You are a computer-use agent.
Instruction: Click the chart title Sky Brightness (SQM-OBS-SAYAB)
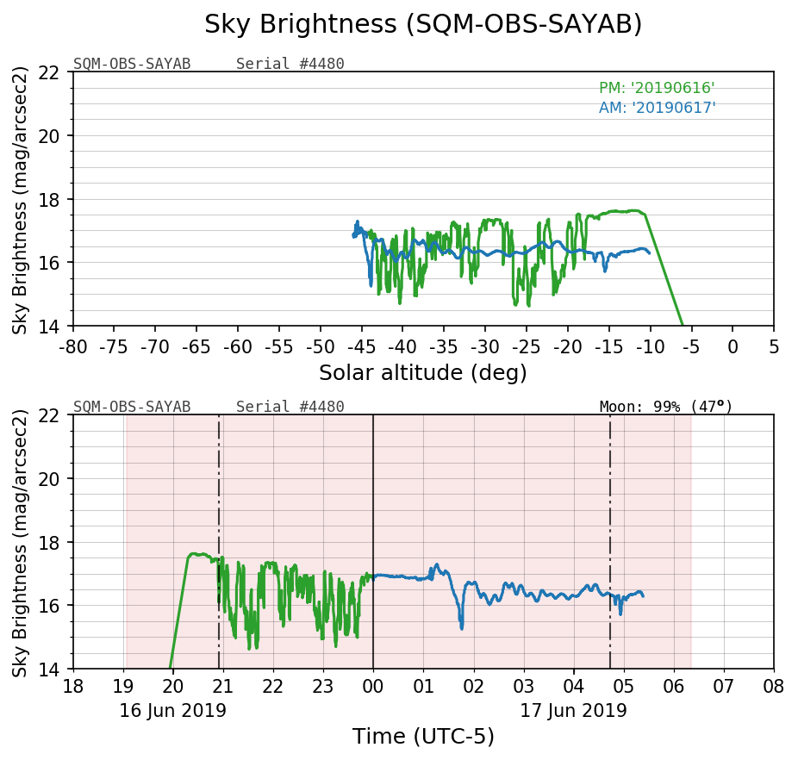coord(423,25)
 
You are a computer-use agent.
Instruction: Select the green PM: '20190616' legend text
coord(657,88)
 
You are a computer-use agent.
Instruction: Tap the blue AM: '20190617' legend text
coord(657,108)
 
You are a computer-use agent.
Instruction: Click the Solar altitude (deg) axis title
coord(423,373)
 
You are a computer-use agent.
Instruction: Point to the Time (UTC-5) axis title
coord(423,737)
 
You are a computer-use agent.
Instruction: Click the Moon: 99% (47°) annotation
coord(665,407)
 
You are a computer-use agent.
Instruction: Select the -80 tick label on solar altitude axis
coord(73,346)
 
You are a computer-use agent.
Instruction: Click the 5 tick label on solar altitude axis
coord(773,346)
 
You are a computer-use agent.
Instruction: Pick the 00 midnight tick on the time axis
coord(373,688)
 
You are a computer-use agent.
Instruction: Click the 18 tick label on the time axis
coord(73,688)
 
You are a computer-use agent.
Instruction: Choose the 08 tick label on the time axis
coord(773,688)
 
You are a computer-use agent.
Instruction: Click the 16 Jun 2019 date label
coord(172,711)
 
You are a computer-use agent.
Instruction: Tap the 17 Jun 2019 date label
coord(573,711)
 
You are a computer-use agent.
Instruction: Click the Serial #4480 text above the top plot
coord(290,64)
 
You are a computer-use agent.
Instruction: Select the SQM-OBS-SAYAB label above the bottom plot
coord(132,407)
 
